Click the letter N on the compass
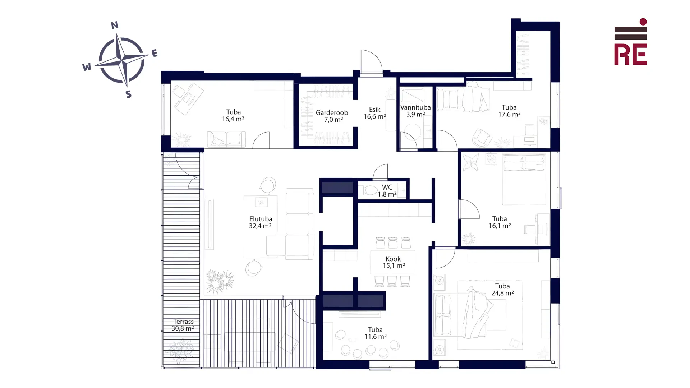tap(115, 25)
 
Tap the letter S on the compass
tap(129, 94)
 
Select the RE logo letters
tap(630, 55)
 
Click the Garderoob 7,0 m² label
tap(332, 116)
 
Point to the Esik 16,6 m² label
tap(375, 113)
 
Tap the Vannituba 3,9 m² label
tap(415, 111)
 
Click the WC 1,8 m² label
tap(387, 191)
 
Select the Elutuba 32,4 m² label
tap(261, 222)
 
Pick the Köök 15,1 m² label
tap(394, 262)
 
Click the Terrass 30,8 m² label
tap(183, 325)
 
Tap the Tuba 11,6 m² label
tap(376, 333)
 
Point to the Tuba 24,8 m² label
tap(502, 290)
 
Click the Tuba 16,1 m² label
tap(500, 222)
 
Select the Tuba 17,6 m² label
tap(509, 111)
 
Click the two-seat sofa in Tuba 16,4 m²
tap(226, 139)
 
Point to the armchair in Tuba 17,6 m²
tap(482, 138)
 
